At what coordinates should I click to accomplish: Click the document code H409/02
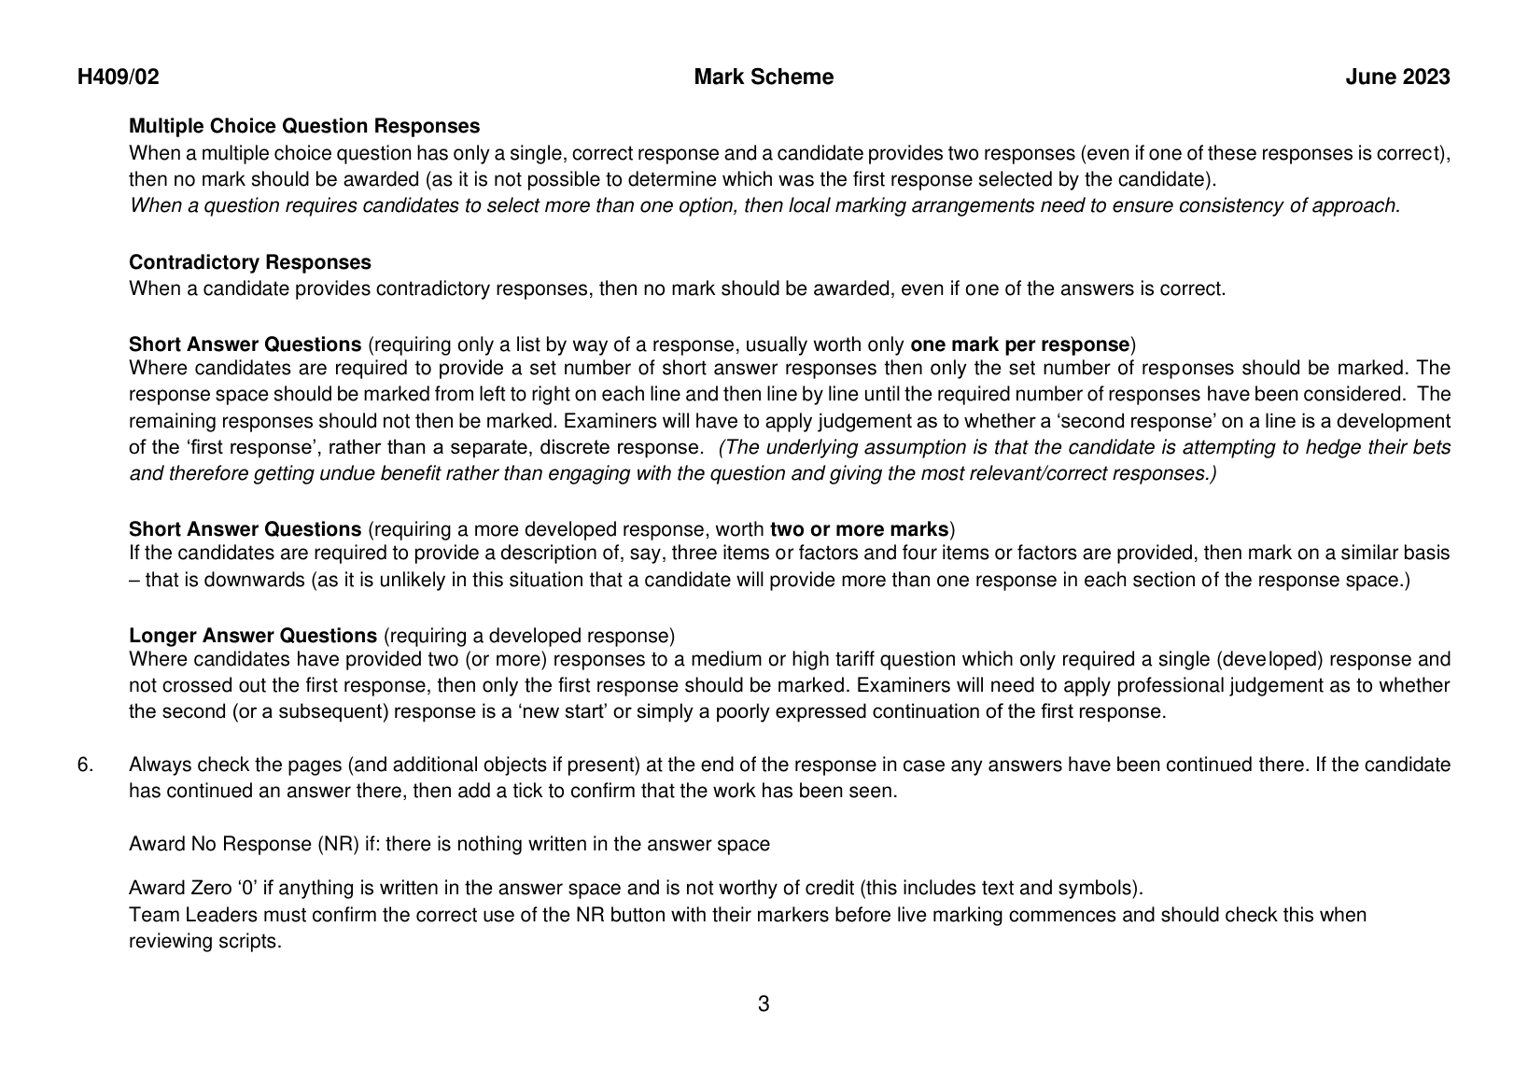pos(118,77)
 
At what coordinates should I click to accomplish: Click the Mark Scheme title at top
pos(764,77)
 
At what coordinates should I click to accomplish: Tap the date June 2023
pos(1397,77)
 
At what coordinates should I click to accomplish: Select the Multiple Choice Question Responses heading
pos(304,126)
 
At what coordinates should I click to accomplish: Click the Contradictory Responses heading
pos(249,262)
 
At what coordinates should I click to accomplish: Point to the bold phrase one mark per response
pos(1019,344)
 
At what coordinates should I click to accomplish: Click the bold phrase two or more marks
pos(859,530)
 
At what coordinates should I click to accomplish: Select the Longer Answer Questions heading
pos(253,636)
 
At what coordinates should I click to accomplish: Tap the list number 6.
pos(85,765)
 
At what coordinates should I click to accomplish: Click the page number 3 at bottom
pos(764,1004)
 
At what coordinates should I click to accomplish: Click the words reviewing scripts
pos(204,941)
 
